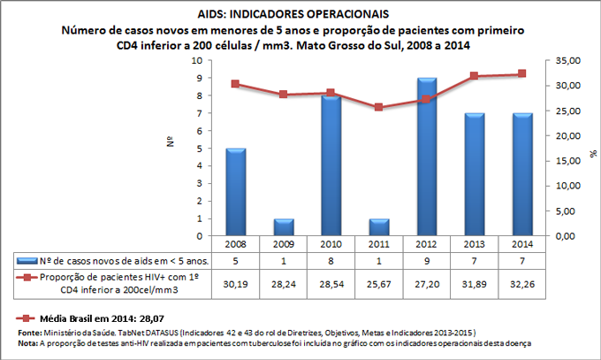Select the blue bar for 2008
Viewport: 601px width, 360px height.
tap(236, 192)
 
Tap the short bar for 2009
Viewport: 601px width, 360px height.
tap(283, 227)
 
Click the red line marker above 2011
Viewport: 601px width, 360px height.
tap(377, 107)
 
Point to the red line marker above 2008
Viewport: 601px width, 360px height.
tap(236, 84)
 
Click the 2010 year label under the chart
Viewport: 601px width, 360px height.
tap(330, 243)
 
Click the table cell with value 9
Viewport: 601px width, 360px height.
tap(424, 260)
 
